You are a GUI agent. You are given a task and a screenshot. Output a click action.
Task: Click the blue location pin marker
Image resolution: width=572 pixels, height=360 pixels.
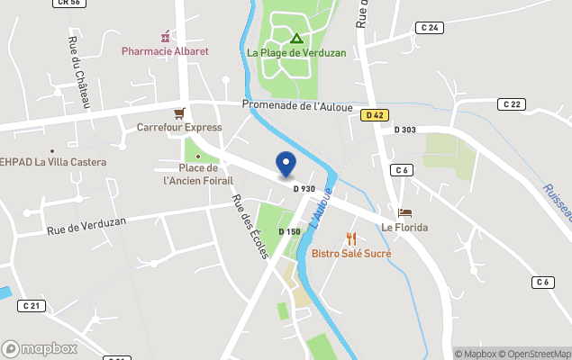coord(286,165)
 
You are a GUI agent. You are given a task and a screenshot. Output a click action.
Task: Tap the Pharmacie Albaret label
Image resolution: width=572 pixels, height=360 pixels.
coord(165,51)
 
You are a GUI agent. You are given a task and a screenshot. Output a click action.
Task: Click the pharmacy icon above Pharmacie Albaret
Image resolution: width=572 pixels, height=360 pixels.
coord(165,37)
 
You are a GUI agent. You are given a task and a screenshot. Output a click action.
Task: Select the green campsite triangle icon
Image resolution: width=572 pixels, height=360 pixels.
coord(296,39)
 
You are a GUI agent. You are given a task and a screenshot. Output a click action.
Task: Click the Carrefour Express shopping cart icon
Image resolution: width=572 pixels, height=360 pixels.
coord(180,113)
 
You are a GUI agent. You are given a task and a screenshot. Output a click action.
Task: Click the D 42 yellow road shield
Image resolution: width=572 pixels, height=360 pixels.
coord(376,115)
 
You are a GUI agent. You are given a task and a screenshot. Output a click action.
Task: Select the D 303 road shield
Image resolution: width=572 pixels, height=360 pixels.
coord(405,130)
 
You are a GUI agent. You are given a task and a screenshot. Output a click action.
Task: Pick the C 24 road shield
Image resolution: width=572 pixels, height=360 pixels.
coord(431,28)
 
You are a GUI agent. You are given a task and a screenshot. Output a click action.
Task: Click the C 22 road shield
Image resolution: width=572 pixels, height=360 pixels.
coord(512,104)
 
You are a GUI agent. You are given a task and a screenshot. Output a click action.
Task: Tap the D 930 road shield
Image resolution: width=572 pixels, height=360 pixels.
coord(304,188)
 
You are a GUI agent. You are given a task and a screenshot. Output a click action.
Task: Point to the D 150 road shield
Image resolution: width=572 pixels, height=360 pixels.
coord(289,232)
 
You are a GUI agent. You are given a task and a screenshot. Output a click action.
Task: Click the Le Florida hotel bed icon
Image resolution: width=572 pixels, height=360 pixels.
coord(404,213)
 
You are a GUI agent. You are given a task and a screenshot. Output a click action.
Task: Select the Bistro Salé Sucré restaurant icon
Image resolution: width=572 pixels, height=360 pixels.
coord(351,238)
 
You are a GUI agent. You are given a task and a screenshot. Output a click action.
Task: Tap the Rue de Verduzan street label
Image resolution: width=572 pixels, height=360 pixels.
coord(86,226)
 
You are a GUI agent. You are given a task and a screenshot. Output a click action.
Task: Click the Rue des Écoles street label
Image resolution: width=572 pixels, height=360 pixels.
coord(250,228)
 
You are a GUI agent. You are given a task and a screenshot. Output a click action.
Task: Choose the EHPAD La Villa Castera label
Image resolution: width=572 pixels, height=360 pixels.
coord(54,163)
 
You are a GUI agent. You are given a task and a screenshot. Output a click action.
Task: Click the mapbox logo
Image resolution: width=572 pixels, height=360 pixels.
coord(40,348)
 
